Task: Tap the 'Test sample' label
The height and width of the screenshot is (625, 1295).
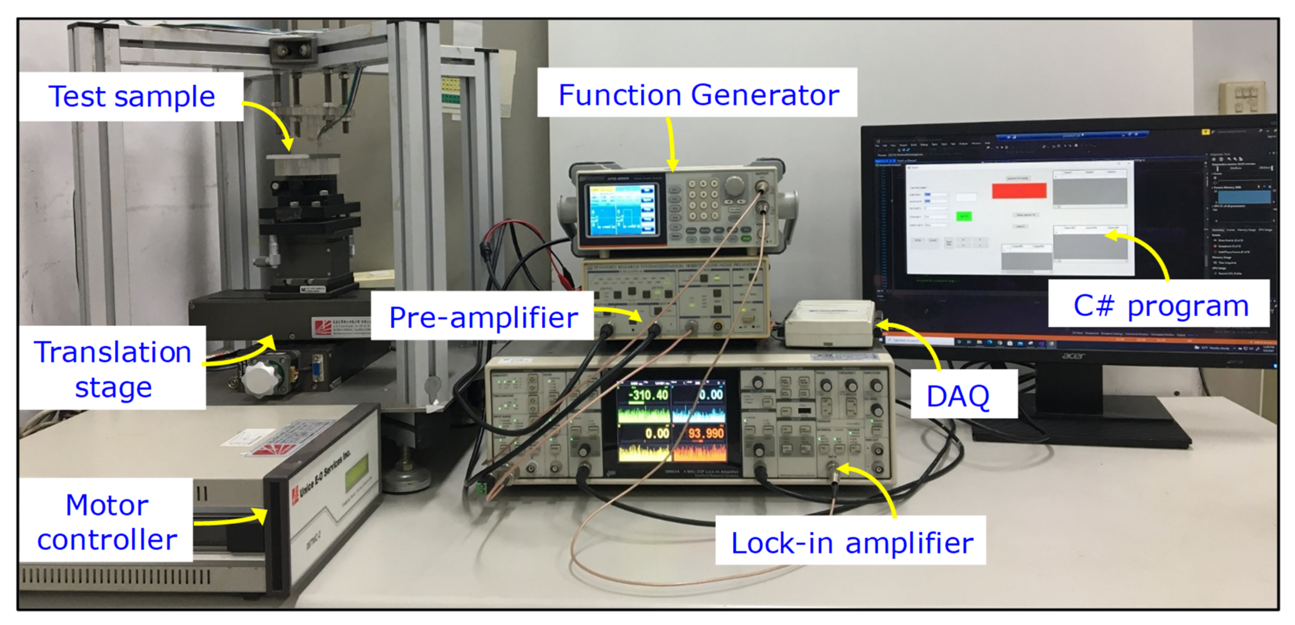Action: (x=132, y=96)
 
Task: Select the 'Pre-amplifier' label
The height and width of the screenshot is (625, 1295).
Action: (x=483, y=317)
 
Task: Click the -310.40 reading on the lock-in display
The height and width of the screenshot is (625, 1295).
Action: (x=649, y=395)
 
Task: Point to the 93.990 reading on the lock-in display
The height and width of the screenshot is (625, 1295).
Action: (x=705, y=433)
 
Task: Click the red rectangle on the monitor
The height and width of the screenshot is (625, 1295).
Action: (x=1019, y=191)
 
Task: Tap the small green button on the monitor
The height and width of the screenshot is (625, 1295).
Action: (x=963, y=216)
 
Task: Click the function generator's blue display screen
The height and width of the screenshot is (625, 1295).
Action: (x=622, y=210)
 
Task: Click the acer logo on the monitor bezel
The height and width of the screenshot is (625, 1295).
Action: (x=1072, y=356)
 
